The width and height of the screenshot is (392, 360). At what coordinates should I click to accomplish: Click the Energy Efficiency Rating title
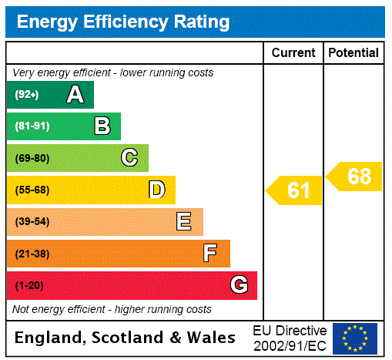[123, 22]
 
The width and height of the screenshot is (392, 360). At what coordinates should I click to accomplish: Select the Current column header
[293, 53]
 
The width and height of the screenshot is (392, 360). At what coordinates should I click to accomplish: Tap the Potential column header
[353, 53]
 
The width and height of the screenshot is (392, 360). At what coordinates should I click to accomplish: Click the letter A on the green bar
[75, 95]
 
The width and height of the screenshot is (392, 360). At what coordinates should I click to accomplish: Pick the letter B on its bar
[102, 126]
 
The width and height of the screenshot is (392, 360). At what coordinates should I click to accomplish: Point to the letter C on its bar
[129, 158]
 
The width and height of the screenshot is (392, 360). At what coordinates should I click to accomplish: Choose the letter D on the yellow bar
[156, 190]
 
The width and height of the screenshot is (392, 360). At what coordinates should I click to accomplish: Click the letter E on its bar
[184, 222]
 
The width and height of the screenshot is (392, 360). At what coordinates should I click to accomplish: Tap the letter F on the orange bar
[210, 254]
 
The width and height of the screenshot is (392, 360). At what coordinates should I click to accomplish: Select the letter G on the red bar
[239, 285]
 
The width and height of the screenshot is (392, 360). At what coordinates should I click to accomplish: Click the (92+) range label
[27, 95]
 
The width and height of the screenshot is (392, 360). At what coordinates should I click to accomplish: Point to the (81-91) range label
[32, 126]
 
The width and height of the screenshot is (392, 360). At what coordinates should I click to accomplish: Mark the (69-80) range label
[32, 158]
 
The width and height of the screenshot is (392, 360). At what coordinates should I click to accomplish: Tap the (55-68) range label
[32, 190]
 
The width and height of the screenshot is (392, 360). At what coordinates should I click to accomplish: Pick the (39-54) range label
[32, 222]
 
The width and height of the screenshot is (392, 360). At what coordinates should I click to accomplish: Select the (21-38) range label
[32, 254]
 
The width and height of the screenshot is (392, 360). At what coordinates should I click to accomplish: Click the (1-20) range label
[29, 285]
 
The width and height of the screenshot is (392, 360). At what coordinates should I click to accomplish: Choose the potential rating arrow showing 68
[355, 177]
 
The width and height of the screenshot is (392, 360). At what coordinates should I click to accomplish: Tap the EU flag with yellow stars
[355, 338]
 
